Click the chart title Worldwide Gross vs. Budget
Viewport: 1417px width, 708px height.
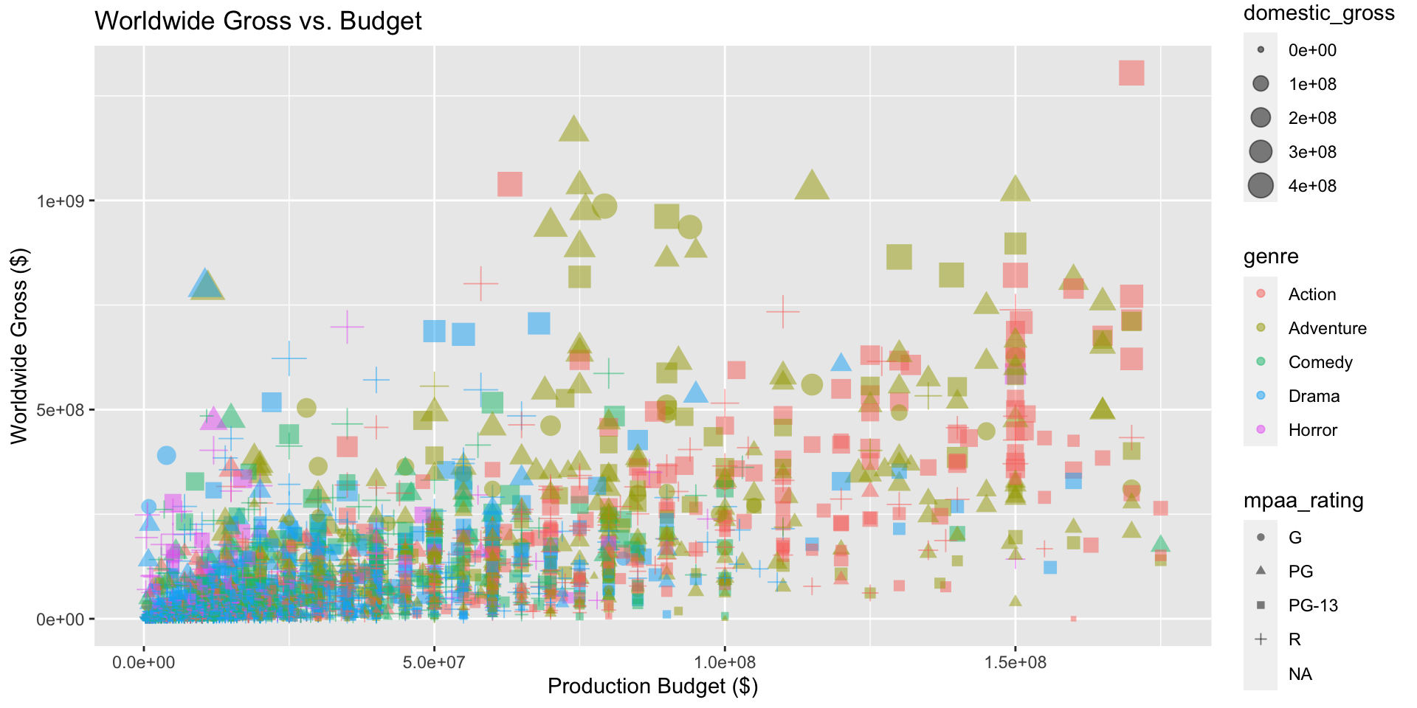tap(258, 21)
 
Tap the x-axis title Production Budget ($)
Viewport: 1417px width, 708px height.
tap(652, 687)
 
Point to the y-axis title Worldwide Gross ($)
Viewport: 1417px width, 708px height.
tap(19, 346)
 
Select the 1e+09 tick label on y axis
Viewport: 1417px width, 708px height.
tap(61, 201)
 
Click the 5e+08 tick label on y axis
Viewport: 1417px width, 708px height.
tap(61, 410)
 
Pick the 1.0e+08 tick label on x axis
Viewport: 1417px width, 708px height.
tap(725, 662)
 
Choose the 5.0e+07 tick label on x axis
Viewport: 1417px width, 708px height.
tap(434, 662)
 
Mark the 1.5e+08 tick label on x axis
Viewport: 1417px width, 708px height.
tap(1015, 662)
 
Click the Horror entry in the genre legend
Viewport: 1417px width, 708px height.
tap(1312, 430)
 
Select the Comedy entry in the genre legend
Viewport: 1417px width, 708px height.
tap(1320, 362)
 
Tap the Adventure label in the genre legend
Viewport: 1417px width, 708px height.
tap(1327, 328)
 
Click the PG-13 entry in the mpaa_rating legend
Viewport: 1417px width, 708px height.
tap(1312, 605)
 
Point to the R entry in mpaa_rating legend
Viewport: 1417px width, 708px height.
tap(1294, 639)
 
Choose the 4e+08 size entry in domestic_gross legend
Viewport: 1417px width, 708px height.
tap(1312, 186)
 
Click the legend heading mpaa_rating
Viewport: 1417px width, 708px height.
tap(1303, 501)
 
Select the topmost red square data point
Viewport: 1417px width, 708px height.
tap(1131, 73)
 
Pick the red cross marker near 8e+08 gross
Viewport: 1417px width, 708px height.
tap(480, 283)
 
